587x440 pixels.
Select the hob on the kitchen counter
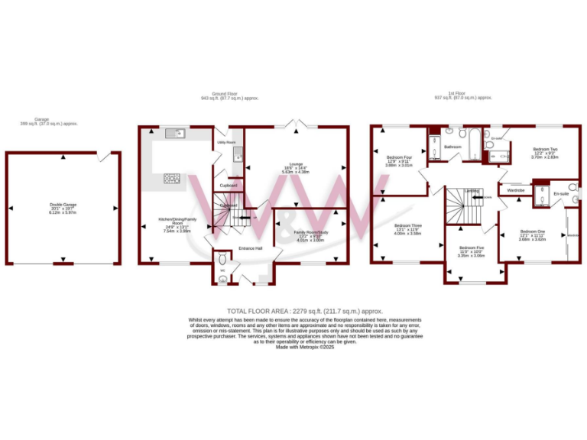tap(172, 180)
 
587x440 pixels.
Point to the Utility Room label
tap(225, 142)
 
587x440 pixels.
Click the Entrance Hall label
tap(250, 248)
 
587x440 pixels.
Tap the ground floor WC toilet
tap(222, 280)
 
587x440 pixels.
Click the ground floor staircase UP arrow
tap(245, 219)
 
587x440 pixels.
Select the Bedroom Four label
tap(398, 158)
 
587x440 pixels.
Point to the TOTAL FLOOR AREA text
tap(293, 311)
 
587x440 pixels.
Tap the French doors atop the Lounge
tap(293, 124)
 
